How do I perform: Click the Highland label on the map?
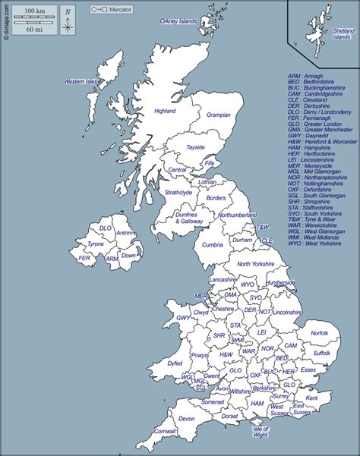coord(165,111)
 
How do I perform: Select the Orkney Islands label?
coord(177,22)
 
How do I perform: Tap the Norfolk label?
coord(320,333)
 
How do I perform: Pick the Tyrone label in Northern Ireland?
coord(96,244)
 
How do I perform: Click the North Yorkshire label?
coord(254,264)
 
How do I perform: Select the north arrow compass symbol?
coord(68,20)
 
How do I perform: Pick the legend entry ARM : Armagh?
coord(305,76)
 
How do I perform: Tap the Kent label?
coord(311,398)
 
